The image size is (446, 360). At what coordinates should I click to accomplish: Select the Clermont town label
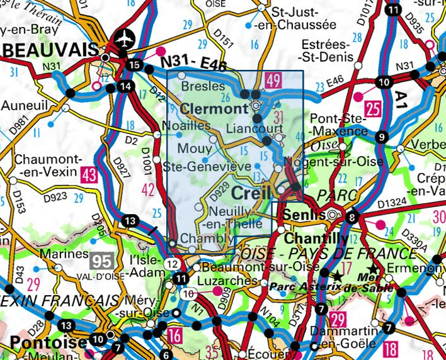(x=214, y=108)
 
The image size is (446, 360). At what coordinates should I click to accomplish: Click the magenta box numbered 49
(x=273, y=80)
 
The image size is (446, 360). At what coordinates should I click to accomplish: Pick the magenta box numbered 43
(x=88, y=174)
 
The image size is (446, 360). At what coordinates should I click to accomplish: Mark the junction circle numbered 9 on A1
(x=381, y=138)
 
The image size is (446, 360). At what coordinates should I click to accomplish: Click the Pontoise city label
(x=43, y=343)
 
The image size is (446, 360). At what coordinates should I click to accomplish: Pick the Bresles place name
(x=202, y=86)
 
